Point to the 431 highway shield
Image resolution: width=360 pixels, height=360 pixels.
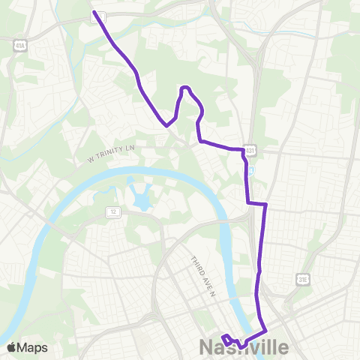(x=250, y=149)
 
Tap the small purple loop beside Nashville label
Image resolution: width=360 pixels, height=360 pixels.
(x=226, y=339)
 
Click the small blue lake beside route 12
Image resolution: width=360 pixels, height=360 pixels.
(x=140, y=199)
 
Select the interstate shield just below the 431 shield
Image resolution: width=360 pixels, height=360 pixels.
(x=253, y=169)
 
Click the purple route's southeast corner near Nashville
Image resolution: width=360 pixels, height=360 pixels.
(x=266, y=330)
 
